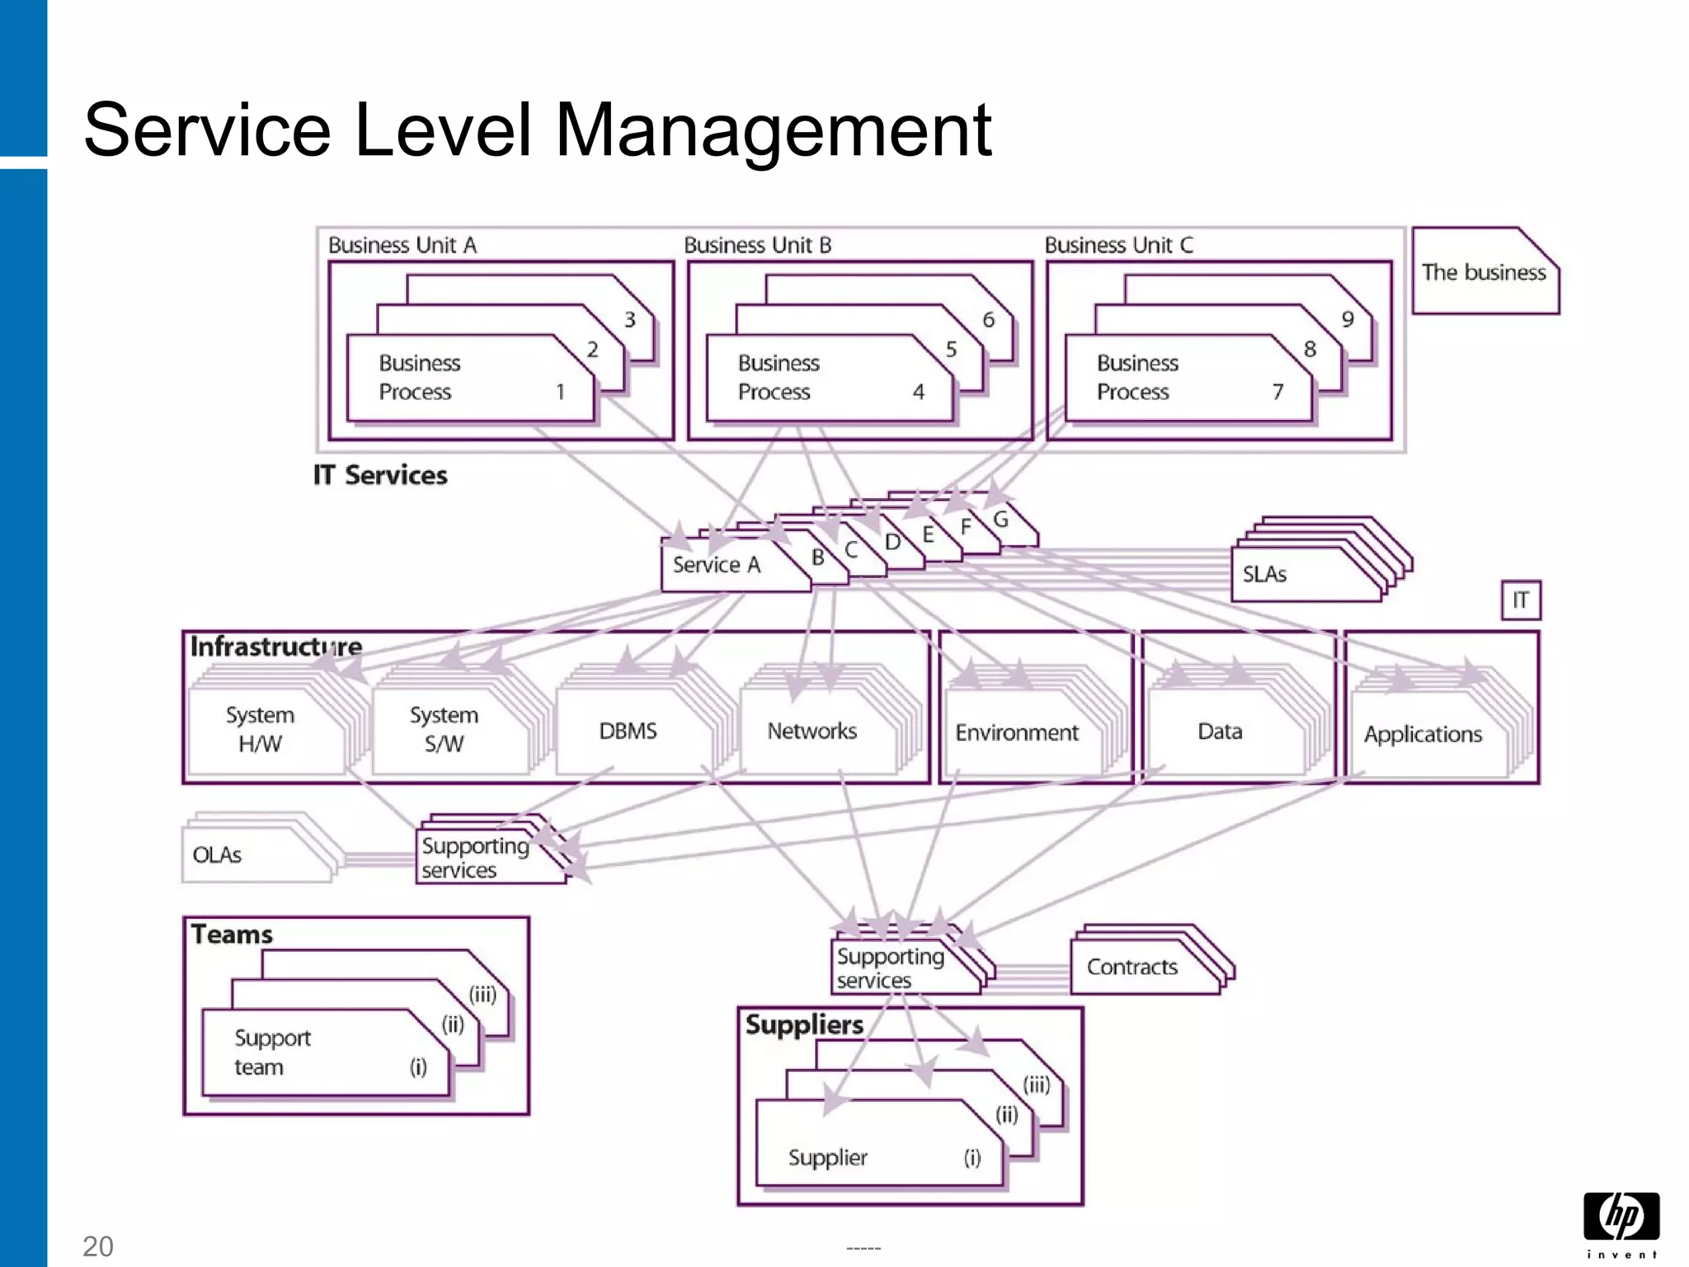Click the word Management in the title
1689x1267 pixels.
pyautogui.click(x=773, y=130)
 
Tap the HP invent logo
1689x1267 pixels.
pyautogui.click(x=1621, y=1224)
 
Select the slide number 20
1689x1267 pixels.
pyautogui.click(x=97, y=1246)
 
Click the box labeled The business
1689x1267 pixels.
pyautogui.click(x=1484, y=273)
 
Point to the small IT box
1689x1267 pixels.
pyautogui.click(x=1520, y=601)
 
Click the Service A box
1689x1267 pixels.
pyautogui.click(x=717, y=566)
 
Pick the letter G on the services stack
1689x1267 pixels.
pyautogui.click(x=1000, y=520)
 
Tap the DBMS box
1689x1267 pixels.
pyautogui.click(x=628, y=732)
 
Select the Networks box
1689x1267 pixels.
pyautogui.click(x=812, y=732)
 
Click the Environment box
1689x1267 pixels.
pyautogui.click(x=1017, y=733)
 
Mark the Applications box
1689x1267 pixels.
pyautogui.click(x=1423, y=735)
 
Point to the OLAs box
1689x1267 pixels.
pyautogui.click(x=247, y=855)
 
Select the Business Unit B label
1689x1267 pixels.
pyautogui.click(x=757, y=245)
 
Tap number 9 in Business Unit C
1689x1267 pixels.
pyautogui.click(x=1347, y=319)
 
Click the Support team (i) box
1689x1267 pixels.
pyautogui.click(x=322, y=1053)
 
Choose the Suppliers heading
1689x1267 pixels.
pyautogui.click(x=804, y=1025)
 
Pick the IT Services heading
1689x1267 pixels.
pyautogui.click(x=380, y=476)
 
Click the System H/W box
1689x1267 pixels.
pyautogui.click(x=261, y=730)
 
